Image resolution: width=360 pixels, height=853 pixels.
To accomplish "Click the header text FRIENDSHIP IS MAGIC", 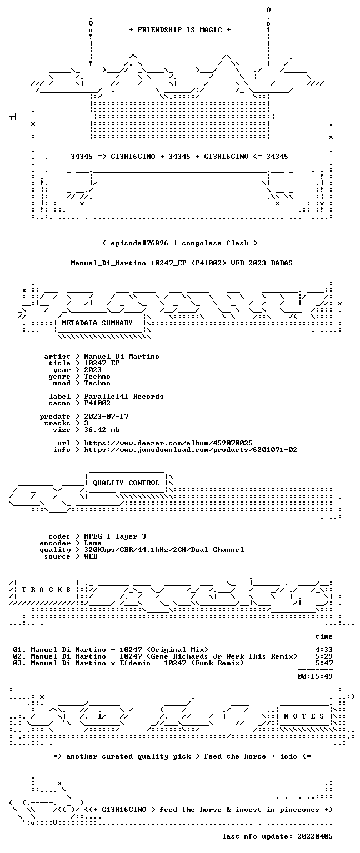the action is click(x=180, y=29).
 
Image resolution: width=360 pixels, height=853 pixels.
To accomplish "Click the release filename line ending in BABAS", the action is click(x=182, y=263).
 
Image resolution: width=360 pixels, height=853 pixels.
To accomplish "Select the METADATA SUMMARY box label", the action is click(x=97, y=323).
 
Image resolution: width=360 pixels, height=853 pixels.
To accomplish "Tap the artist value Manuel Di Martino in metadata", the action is click(x=122, y=357).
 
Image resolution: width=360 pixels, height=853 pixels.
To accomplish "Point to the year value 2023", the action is click(x=93, y=370).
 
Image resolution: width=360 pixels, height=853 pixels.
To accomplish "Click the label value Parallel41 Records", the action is click(x=124, y=397).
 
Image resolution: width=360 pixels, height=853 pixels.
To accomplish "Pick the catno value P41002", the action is click(x=97, y=403).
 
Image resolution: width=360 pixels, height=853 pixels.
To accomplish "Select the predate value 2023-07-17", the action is click(x=106, y=416).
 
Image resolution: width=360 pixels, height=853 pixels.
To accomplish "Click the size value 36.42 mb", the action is click(x=102, y=429).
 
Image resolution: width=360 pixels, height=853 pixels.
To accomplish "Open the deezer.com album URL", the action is click(x=168, y=443).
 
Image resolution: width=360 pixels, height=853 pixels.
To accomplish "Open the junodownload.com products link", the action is click(x=191, y=450).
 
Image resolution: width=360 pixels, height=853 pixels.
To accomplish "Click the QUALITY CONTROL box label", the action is click(x=126, y=483).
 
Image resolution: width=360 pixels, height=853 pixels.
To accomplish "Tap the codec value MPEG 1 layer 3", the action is click(x=115, y=536).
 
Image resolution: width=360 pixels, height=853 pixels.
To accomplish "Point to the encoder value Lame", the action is click(x=93, y=543).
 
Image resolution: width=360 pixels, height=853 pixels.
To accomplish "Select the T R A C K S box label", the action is click(x=46, y=589).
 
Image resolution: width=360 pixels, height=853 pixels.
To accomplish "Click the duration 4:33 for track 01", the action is click(x=324, y=650).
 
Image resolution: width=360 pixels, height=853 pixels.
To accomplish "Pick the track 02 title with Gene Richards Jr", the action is click(x=164, y=656).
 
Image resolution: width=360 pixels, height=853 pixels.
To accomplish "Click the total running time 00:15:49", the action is click(x=315, y=676).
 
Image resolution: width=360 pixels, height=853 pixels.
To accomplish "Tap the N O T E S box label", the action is click(x=304, y=716).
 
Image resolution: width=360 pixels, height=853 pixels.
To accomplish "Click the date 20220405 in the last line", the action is click(x=315, y=836).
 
